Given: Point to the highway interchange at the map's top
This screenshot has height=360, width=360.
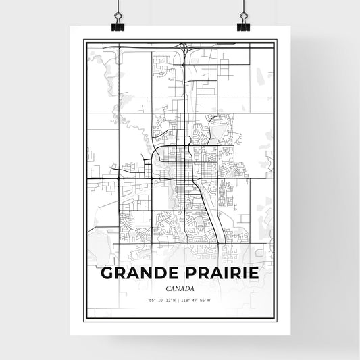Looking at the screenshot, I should click(184, 48).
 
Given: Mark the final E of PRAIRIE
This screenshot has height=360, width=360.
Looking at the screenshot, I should click(255, 274).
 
